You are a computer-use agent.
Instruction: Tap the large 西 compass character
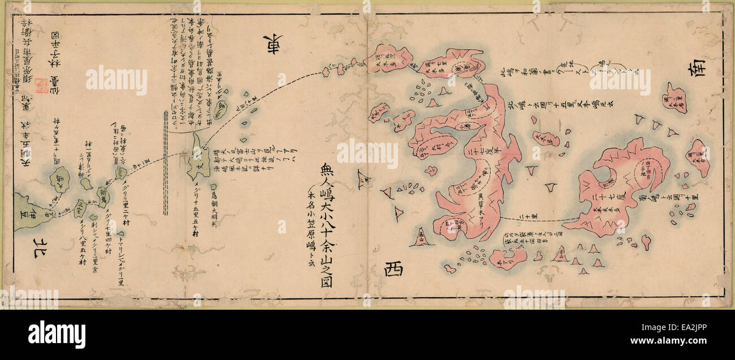coord(394,269)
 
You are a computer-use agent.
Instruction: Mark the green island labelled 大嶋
coord(59,180)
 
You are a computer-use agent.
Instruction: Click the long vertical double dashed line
coord(166,164)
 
